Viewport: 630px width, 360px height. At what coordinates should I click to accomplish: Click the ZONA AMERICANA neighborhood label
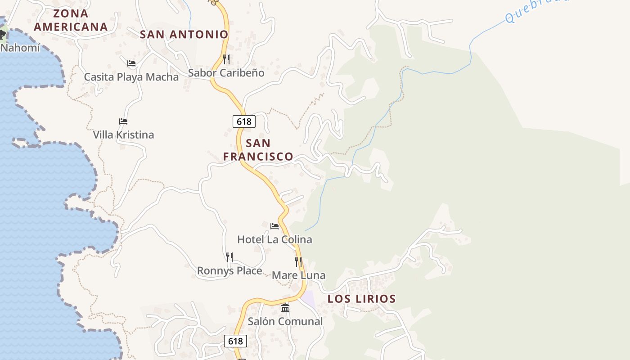tap(71, 20)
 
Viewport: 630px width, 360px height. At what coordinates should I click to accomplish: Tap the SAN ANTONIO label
tap(184, 34)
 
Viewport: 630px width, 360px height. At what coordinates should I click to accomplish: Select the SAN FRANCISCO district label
tap(258, 150)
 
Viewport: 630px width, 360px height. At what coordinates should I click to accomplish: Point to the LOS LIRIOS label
tap(361, 299)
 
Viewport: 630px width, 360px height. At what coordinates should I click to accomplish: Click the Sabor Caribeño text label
tap(226, 73)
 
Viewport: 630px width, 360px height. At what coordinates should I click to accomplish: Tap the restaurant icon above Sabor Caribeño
tap(226, 59)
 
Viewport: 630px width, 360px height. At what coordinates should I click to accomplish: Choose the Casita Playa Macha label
tap(131, 77)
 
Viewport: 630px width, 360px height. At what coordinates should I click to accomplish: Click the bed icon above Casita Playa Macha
tap(131, 63)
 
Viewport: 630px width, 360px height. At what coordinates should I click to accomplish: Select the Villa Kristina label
tap(123, 135)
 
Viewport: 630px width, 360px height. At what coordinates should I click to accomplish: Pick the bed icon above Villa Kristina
tap(123, 121)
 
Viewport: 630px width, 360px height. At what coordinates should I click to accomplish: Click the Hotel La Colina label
tap(274, 239)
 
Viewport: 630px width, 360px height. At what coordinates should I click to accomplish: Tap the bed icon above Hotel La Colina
tap(274, 226)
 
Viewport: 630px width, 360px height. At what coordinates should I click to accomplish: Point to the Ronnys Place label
tap(229, 271)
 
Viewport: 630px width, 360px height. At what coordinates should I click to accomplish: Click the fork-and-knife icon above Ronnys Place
tap(229, 257)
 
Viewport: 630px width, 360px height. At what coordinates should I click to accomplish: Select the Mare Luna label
tap(298, 275)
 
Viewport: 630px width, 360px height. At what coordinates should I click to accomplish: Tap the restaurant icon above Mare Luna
tap(298, 262)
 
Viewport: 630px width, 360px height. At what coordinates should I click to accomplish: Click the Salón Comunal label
tap(285, 321)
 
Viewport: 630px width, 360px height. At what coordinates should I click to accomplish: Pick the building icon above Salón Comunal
tap(285, 308)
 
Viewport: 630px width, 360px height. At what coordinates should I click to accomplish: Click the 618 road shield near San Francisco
tap(244, 121)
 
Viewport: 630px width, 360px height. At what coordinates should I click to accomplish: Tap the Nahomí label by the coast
tap(20, 47)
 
